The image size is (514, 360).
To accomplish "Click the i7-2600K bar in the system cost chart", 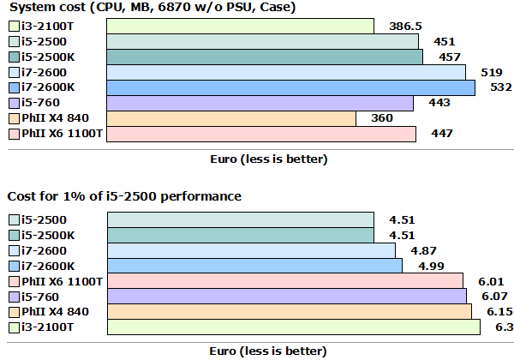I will pos(290,87).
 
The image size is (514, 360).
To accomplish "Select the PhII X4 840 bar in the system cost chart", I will pos(231,118).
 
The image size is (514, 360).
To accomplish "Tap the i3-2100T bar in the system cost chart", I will pos(240,26).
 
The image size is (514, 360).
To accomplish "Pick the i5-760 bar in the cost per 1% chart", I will pos(286,296).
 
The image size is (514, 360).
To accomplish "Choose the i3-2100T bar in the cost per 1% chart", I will pos(291,327).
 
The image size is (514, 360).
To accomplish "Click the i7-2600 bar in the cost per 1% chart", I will pos(251,249).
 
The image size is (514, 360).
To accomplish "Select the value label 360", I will pos(381,118).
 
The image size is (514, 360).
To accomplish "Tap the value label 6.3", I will pos(493,327).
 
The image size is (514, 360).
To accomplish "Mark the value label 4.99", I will pos(420,265).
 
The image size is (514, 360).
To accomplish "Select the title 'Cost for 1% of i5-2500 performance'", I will pos(124,196).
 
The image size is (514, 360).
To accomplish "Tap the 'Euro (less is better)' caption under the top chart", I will pos(268,159).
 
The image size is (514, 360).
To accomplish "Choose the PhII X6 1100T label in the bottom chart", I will pos(62,280).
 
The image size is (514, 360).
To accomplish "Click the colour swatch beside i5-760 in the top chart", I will pos(13,103).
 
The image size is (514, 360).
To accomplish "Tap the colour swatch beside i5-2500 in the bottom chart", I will pos(13,219).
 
